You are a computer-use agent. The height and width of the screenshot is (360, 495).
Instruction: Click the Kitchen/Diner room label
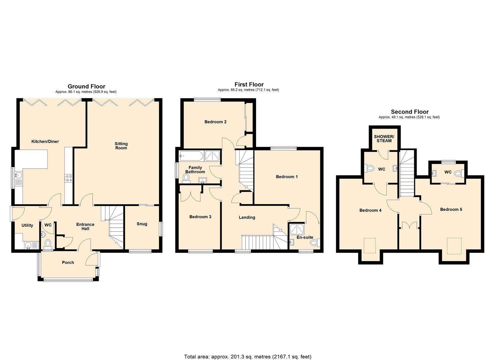(45, 141)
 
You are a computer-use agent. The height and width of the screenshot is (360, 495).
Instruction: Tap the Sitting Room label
(121, 146)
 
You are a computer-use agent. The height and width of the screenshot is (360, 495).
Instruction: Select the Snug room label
(142, 224)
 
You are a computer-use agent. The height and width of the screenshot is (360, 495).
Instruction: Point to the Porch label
(68, 262)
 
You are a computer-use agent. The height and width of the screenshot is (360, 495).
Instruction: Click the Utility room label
(27, 225)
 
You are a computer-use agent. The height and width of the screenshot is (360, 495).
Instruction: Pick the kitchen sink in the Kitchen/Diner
(18, 175)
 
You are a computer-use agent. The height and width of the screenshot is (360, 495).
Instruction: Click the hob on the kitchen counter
(69, 178)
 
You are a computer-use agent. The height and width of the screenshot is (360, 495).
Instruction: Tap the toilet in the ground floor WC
(48, 243)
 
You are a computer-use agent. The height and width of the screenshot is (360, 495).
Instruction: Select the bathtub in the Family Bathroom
(191, 156)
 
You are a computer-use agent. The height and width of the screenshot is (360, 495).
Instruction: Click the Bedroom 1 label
(287, 177)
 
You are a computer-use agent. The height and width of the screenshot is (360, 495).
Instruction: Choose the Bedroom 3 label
(200, 217)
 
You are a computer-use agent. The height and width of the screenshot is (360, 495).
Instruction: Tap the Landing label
(247, 217)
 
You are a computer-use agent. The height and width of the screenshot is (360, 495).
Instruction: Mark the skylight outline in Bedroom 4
(370, 245)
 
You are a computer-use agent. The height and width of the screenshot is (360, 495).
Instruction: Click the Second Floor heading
(410, 112)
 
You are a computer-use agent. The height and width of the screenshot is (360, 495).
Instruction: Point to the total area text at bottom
(248, 357)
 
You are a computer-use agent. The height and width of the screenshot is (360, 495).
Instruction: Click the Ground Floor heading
(86, 86)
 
